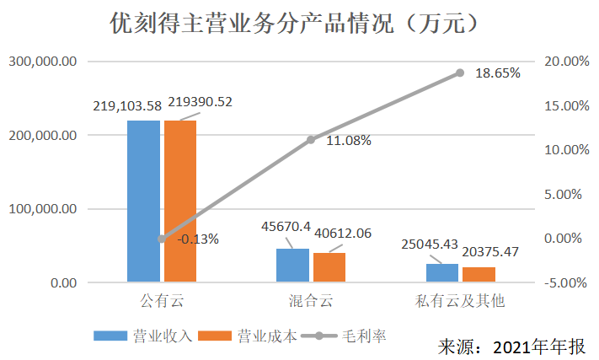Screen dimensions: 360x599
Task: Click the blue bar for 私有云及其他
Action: coord(441,272)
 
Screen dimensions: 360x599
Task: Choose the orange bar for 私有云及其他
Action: coord(479,274)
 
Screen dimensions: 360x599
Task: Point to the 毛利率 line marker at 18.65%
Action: coord(460,73)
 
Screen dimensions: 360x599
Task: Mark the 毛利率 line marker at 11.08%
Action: coord(311,140)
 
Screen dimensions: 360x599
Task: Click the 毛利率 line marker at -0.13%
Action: coord(162,239)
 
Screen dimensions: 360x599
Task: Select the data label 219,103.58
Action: coord(126,106)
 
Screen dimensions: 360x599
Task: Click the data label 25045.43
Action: coord(429,244)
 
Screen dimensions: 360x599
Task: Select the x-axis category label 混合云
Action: coord(311,300)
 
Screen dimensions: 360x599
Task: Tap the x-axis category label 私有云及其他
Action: coord(460,300)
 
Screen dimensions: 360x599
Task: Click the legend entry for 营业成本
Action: coord(256,336)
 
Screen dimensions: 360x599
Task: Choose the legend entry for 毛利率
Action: coord(352,336)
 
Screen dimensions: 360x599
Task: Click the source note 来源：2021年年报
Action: coord(511,347)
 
